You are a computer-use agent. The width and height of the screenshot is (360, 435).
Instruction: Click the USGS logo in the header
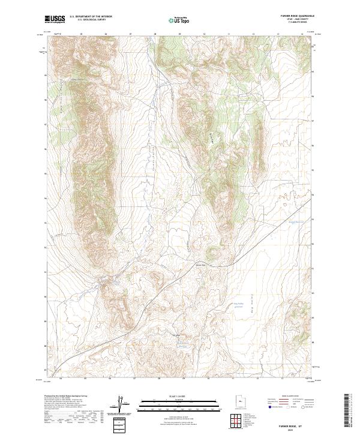tap(55, 19)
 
